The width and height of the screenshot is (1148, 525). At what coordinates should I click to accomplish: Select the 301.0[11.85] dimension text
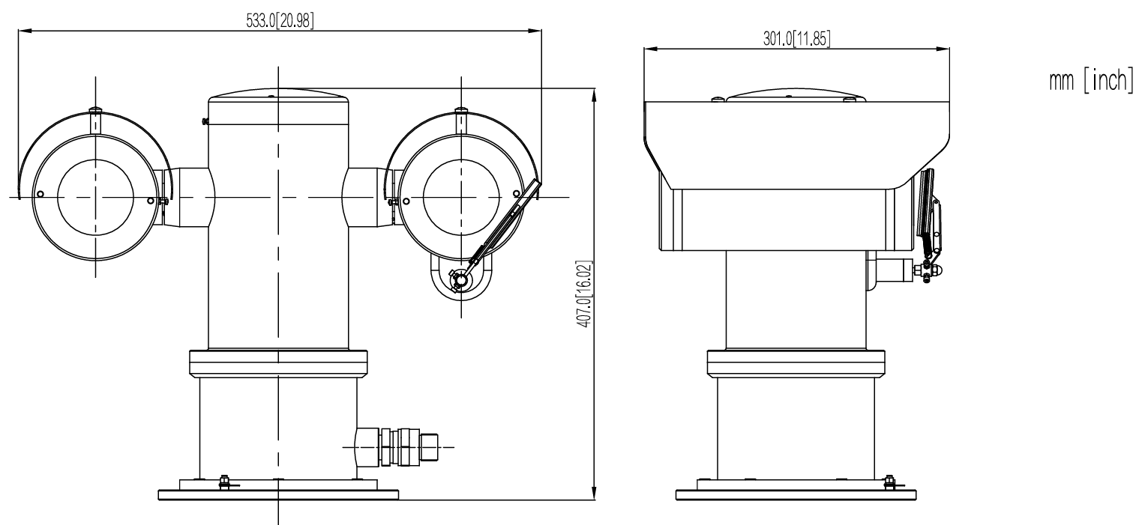[796, 39]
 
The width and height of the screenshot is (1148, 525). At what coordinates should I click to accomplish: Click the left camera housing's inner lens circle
[95, 197]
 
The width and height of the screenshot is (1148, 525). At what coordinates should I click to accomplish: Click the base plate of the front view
[278, 495]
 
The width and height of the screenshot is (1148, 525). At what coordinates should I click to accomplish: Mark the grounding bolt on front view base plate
[223, 483]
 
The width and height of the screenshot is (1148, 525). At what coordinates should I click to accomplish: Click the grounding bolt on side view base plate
[889, 483]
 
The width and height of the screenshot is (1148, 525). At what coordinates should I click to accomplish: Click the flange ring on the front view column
[278, 362]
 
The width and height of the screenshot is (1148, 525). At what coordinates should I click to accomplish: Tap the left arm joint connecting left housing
[187, 197]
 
